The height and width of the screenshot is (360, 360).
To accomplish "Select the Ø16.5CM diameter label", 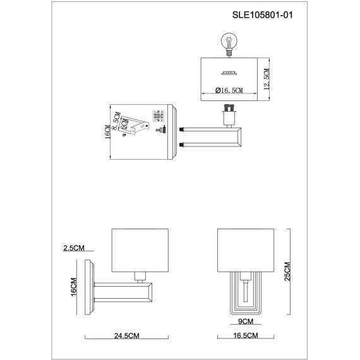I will (228, 91).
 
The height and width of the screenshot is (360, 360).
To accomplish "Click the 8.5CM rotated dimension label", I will (117, 118).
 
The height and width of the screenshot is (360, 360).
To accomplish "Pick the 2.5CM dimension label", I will (74, 247).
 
